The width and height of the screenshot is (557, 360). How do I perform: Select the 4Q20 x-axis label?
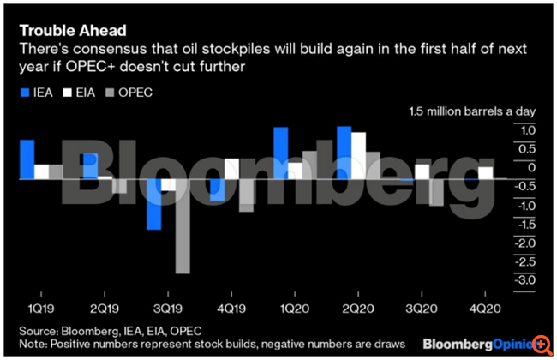[x=479, y=304]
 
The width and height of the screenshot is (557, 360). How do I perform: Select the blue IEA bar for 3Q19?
[x=154, y=204]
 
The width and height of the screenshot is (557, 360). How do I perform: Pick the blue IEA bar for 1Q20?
[x=280, y=153]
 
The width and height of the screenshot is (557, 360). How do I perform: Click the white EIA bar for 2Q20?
[x=359, y=155]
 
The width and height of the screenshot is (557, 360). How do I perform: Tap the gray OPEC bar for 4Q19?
[x=247, y=195]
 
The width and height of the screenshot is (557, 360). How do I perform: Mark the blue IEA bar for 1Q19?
[x=27, y=159]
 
